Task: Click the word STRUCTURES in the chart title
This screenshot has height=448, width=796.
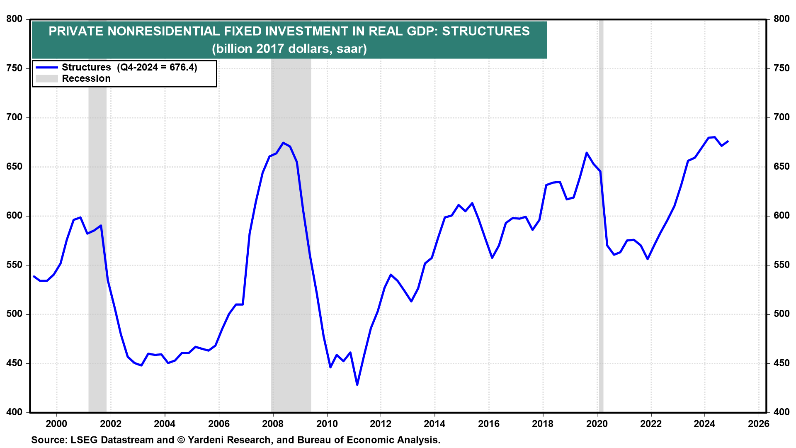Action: (485, 32)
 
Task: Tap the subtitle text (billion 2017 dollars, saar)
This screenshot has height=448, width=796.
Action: (289, 49)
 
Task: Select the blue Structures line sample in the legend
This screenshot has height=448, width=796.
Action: (46, 67)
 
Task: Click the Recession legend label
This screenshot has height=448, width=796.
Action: (86, 78)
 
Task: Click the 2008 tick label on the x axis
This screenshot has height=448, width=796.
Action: (273, 424)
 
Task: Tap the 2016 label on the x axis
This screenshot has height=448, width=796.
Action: (489, 424)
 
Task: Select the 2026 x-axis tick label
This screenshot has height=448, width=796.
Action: (759, 424)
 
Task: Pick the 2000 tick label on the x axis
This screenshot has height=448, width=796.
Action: (56, 424)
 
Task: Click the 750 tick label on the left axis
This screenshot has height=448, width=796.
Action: (15, 68)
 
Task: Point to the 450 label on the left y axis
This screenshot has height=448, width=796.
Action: (15, 363)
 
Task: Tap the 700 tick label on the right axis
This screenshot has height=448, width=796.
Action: (781, 117)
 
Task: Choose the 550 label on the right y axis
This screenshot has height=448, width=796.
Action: (781, 265)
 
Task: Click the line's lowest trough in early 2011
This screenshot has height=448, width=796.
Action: (357, 385)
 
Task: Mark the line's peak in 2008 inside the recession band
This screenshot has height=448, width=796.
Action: (283, 143)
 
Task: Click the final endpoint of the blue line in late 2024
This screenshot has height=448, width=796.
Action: (728, 141)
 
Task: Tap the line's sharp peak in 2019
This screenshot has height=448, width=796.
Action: (587, 153)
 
